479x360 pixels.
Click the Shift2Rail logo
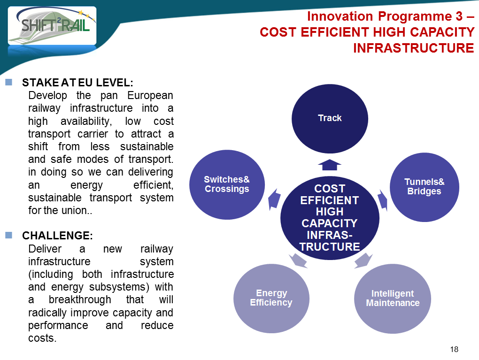(52, 26)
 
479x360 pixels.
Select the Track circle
(330, 118)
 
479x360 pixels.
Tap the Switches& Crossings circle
(227, 184)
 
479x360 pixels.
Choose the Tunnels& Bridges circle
(425, 187)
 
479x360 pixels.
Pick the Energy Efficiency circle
(271, 299)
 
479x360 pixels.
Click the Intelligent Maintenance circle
(393, 299)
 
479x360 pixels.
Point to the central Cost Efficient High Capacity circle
(330, 218)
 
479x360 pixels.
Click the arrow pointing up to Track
(330, 165)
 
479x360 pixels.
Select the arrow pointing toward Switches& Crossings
(274, 199)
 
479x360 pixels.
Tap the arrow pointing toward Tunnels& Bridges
(383, 200)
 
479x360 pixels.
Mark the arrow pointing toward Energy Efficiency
(298, 260)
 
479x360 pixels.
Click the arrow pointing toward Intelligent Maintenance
(363, 260)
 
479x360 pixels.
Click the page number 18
(454, 349)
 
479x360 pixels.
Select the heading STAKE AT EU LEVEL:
(77, 83)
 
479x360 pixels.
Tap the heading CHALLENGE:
(57, 236)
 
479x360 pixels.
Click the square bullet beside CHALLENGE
(8, 235)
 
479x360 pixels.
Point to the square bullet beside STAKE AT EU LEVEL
(8, 82)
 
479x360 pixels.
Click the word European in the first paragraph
(150, 96)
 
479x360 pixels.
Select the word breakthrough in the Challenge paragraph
(80, 299)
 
